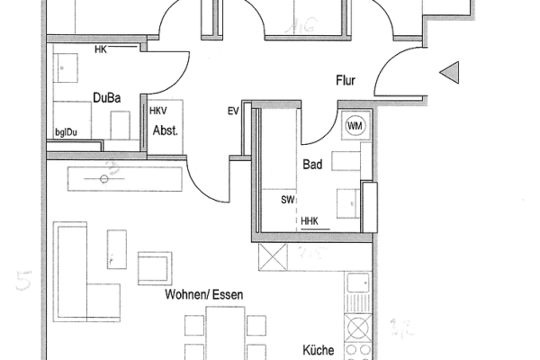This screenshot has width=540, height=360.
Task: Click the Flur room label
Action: [346, 80]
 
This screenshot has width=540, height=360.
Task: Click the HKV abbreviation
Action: [158, 110]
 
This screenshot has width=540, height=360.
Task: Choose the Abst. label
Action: [165, 130]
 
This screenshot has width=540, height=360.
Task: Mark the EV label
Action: [233, 111]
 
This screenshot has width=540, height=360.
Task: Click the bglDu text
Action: [67, 132]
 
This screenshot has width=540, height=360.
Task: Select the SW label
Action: [288, 200]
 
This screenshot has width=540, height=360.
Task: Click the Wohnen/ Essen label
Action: [204, 293]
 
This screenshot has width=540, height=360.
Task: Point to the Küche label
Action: [319, 350]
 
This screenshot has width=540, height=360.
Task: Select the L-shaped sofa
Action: [76, 270]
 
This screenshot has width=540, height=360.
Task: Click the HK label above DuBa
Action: [100, 48]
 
